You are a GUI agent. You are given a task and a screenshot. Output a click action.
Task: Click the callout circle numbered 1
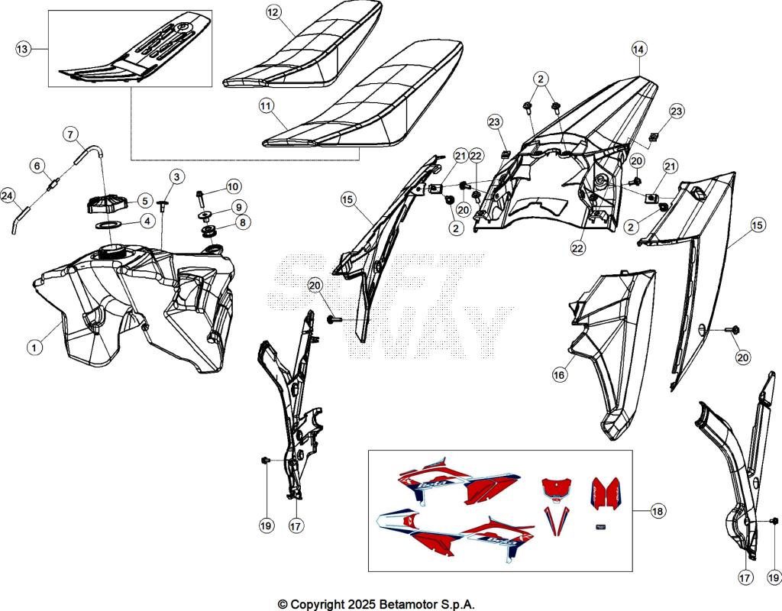[x=34, y=348]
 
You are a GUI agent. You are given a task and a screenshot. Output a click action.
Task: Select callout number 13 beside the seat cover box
[x=24, y=49]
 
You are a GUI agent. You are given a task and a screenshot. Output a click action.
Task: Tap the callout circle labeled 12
[x=273, y=12]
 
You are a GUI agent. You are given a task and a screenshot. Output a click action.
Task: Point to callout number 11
[x=267, y=108]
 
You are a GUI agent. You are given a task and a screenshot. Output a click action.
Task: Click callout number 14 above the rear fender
[x=638, y=49]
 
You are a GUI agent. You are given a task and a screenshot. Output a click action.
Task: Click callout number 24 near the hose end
[x=8, y=196]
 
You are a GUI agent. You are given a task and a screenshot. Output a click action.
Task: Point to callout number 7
[x=70, y=135]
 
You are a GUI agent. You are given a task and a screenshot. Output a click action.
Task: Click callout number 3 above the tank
[x=176, y=177]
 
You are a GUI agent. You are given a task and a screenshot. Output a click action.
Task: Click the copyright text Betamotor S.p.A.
[x=376, y=603]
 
